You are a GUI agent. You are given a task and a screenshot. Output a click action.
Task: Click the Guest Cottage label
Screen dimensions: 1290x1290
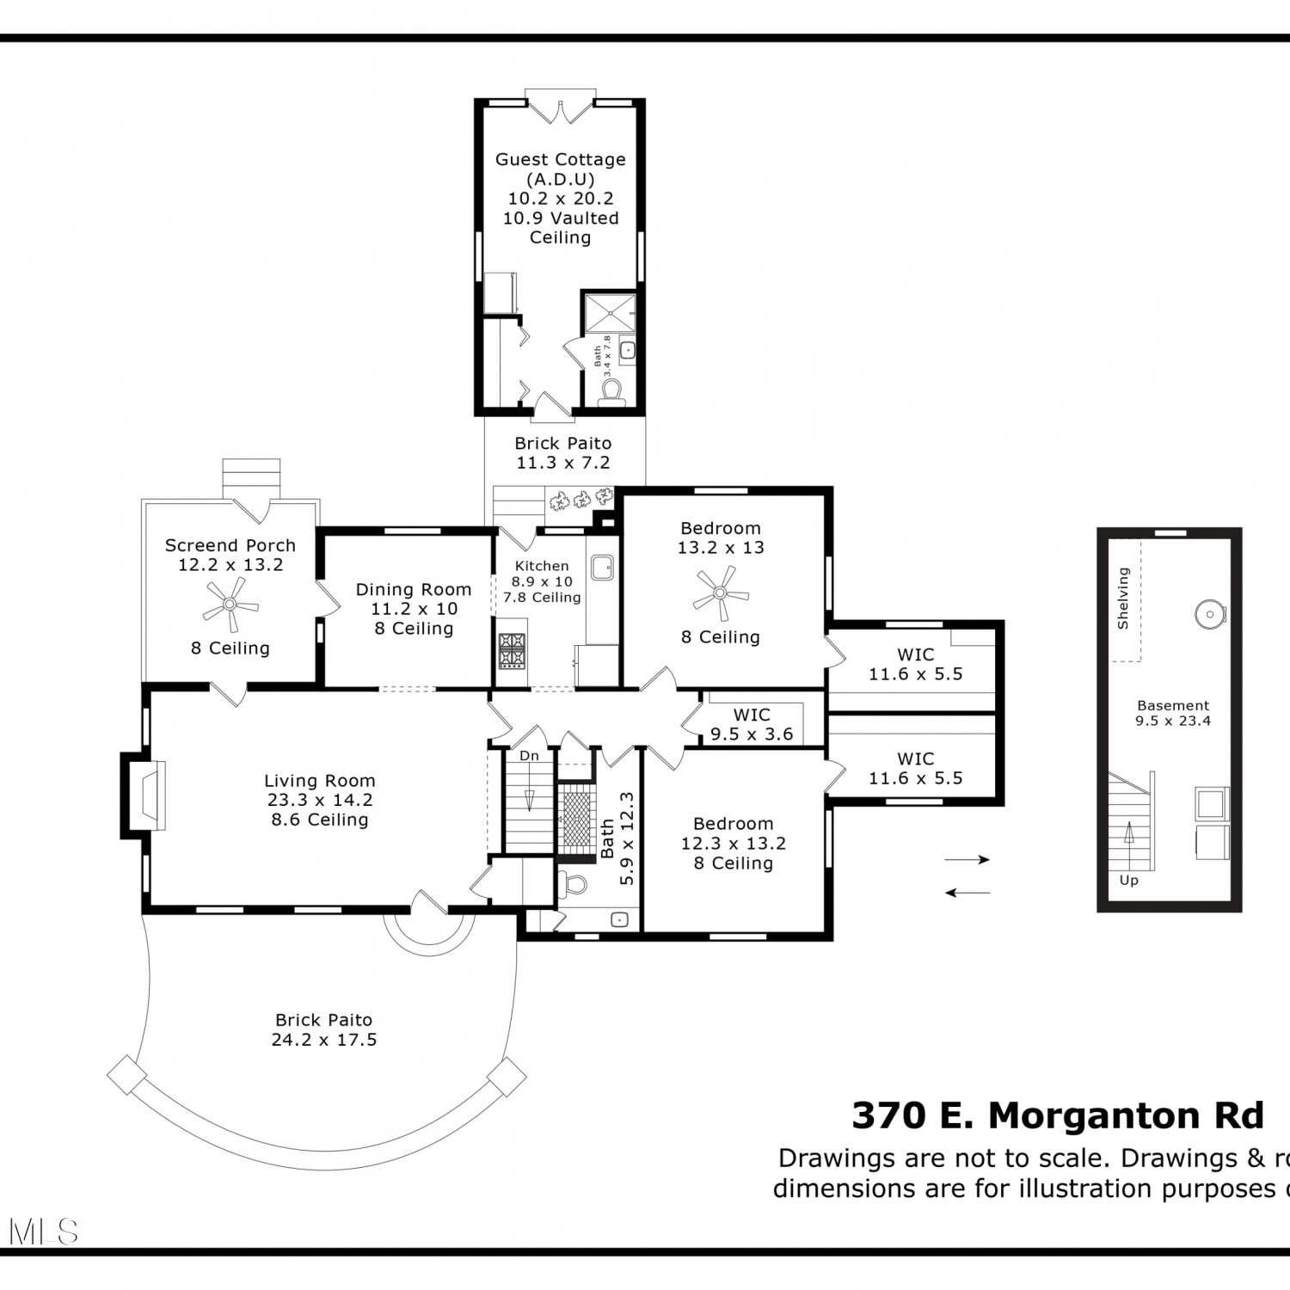561,159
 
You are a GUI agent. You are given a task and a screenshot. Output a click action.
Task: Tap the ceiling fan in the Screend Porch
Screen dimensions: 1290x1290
230,604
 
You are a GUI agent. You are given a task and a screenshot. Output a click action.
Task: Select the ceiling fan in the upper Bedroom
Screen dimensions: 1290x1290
721,593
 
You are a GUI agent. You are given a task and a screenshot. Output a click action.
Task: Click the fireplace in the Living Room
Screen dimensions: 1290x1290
144,794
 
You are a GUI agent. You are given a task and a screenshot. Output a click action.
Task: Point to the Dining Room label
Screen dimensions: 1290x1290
414,589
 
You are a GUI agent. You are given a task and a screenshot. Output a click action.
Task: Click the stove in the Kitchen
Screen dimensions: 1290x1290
512,650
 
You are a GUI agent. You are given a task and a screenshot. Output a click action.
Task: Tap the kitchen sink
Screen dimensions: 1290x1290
602,567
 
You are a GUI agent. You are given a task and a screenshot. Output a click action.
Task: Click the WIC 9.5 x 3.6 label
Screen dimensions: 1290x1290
752,725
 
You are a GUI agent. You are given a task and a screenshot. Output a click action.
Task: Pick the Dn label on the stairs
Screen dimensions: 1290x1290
529,755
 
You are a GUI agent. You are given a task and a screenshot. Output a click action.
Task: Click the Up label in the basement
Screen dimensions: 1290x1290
1129,880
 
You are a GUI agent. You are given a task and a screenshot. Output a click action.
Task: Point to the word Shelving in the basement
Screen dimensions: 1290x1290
1122,599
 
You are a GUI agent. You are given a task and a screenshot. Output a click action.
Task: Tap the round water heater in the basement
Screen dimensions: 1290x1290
1209,614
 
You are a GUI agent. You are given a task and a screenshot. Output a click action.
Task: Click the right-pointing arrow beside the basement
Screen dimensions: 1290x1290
967,859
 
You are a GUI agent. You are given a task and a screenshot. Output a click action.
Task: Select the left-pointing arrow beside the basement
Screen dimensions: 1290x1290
967,893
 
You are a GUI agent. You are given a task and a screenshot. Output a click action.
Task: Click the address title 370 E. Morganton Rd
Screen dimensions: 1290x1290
1058,1115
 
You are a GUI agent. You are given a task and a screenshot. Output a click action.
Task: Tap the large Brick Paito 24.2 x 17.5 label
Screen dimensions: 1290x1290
324,1029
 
